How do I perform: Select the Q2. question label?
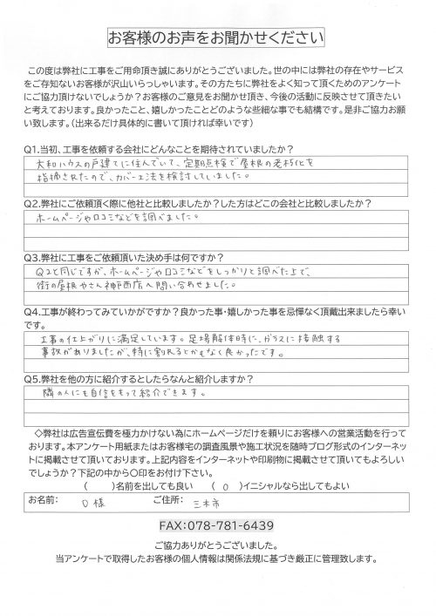tap(37, 199)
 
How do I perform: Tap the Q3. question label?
tap(37, 259)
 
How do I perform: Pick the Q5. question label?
tap(37, 379)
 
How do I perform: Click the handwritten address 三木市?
tap(235, 503)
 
